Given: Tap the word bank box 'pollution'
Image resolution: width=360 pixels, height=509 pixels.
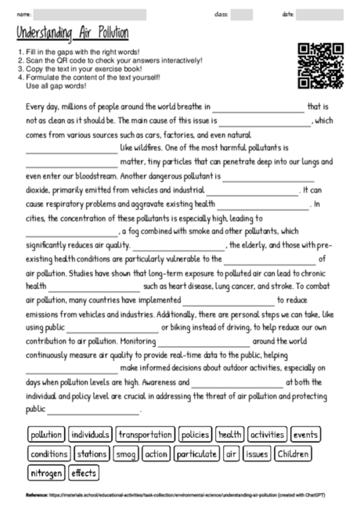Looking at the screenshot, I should coord(45,434).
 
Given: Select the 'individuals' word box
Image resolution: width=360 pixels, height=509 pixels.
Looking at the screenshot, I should coord(90,434).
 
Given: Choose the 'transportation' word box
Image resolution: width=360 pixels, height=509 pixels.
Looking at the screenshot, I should coord(145,434).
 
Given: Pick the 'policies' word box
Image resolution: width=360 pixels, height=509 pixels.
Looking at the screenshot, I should coord(194,434).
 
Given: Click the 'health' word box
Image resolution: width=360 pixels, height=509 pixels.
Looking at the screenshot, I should coord(230,434).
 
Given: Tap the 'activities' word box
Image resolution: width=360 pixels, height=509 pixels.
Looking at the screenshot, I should coord(268,434).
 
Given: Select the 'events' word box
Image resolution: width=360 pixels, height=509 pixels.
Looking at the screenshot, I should coord(306,434).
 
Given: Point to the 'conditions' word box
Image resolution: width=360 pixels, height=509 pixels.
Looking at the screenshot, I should coord(49,453).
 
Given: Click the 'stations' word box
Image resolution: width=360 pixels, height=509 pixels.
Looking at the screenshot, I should coord(93,453).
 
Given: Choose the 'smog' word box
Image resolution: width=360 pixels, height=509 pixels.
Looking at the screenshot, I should coord(125,453).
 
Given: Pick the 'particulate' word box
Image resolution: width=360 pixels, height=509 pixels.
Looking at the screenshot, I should coord(196,453).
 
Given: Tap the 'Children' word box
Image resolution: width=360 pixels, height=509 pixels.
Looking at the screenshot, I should coord(293,453).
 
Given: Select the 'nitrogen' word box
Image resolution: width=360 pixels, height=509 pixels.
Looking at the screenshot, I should coord(46,473).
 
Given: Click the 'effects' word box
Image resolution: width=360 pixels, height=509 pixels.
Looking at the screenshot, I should coord(83,473).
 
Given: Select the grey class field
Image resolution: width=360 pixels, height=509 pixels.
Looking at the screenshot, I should coord(242,15).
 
